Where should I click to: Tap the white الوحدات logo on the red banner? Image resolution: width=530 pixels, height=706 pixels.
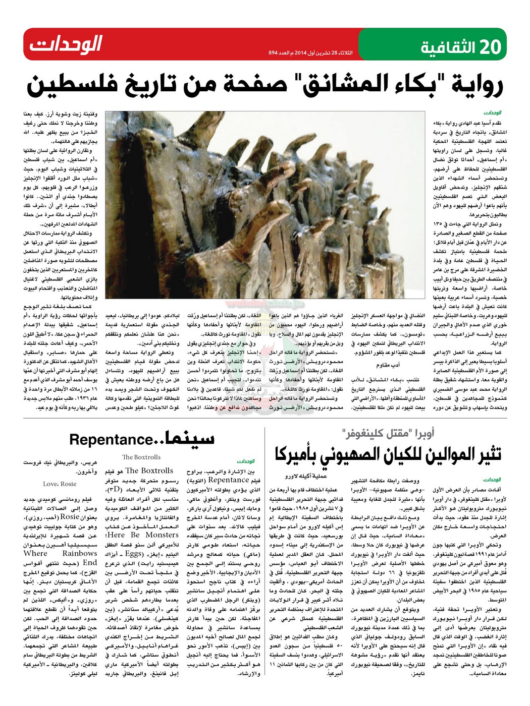tap(66, 45)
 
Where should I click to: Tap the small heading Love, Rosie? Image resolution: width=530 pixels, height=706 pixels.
tap(60, 484)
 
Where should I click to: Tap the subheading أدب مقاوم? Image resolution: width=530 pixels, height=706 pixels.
tap(389, 365)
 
